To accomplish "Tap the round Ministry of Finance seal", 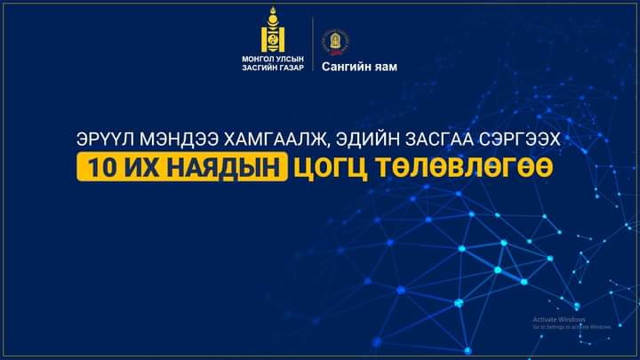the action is click(335, 43).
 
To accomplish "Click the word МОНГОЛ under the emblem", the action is click(257, 60).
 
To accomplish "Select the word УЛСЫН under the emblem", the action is click(290, 60).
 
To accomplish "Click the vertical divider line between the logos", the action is click(313, 44).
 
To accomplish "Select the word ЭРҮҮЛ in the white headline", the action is click(106, 140).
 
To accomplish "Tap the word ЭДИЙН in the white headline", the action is click(367, 140).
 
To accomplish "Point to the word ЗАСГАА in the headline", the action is click(439, 140).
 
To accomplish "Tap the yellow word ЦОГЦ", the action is click(330, 167).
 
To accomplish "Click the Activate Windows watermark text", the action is click(559, 320).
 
